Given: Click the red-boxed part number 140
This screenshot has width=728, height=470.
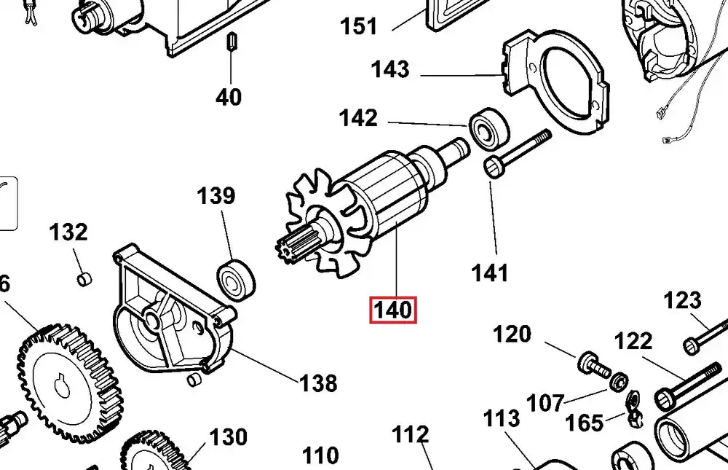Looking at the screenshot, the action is tap(393, 310).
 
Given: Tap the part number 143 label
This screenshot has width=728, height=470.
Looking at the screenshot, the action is tap(390, 70).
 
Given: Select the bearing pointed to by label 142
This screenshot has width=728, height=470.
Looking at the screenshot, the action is tap(490, 128).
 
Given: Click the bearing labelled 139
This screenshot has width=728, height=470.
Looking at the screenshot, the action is tap(237, 280).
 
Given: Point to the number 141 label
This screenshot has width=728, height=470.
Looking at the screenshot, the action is tap(490, 273).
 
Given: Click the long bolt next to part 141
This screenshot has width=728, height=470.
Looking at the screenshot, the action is tap(518, 154).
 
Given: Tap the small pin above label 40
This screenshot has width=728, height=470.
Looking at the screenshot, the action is tap(231, 42).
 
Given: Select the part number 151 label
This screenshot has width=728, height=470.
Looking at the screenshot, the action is tap(359, 26).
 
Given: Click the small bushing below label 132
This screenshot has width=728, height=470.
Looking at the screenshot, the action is tap(84, 279).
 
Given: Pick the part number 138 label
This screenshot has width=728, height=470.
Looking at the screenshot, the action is tap(319, 383).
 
